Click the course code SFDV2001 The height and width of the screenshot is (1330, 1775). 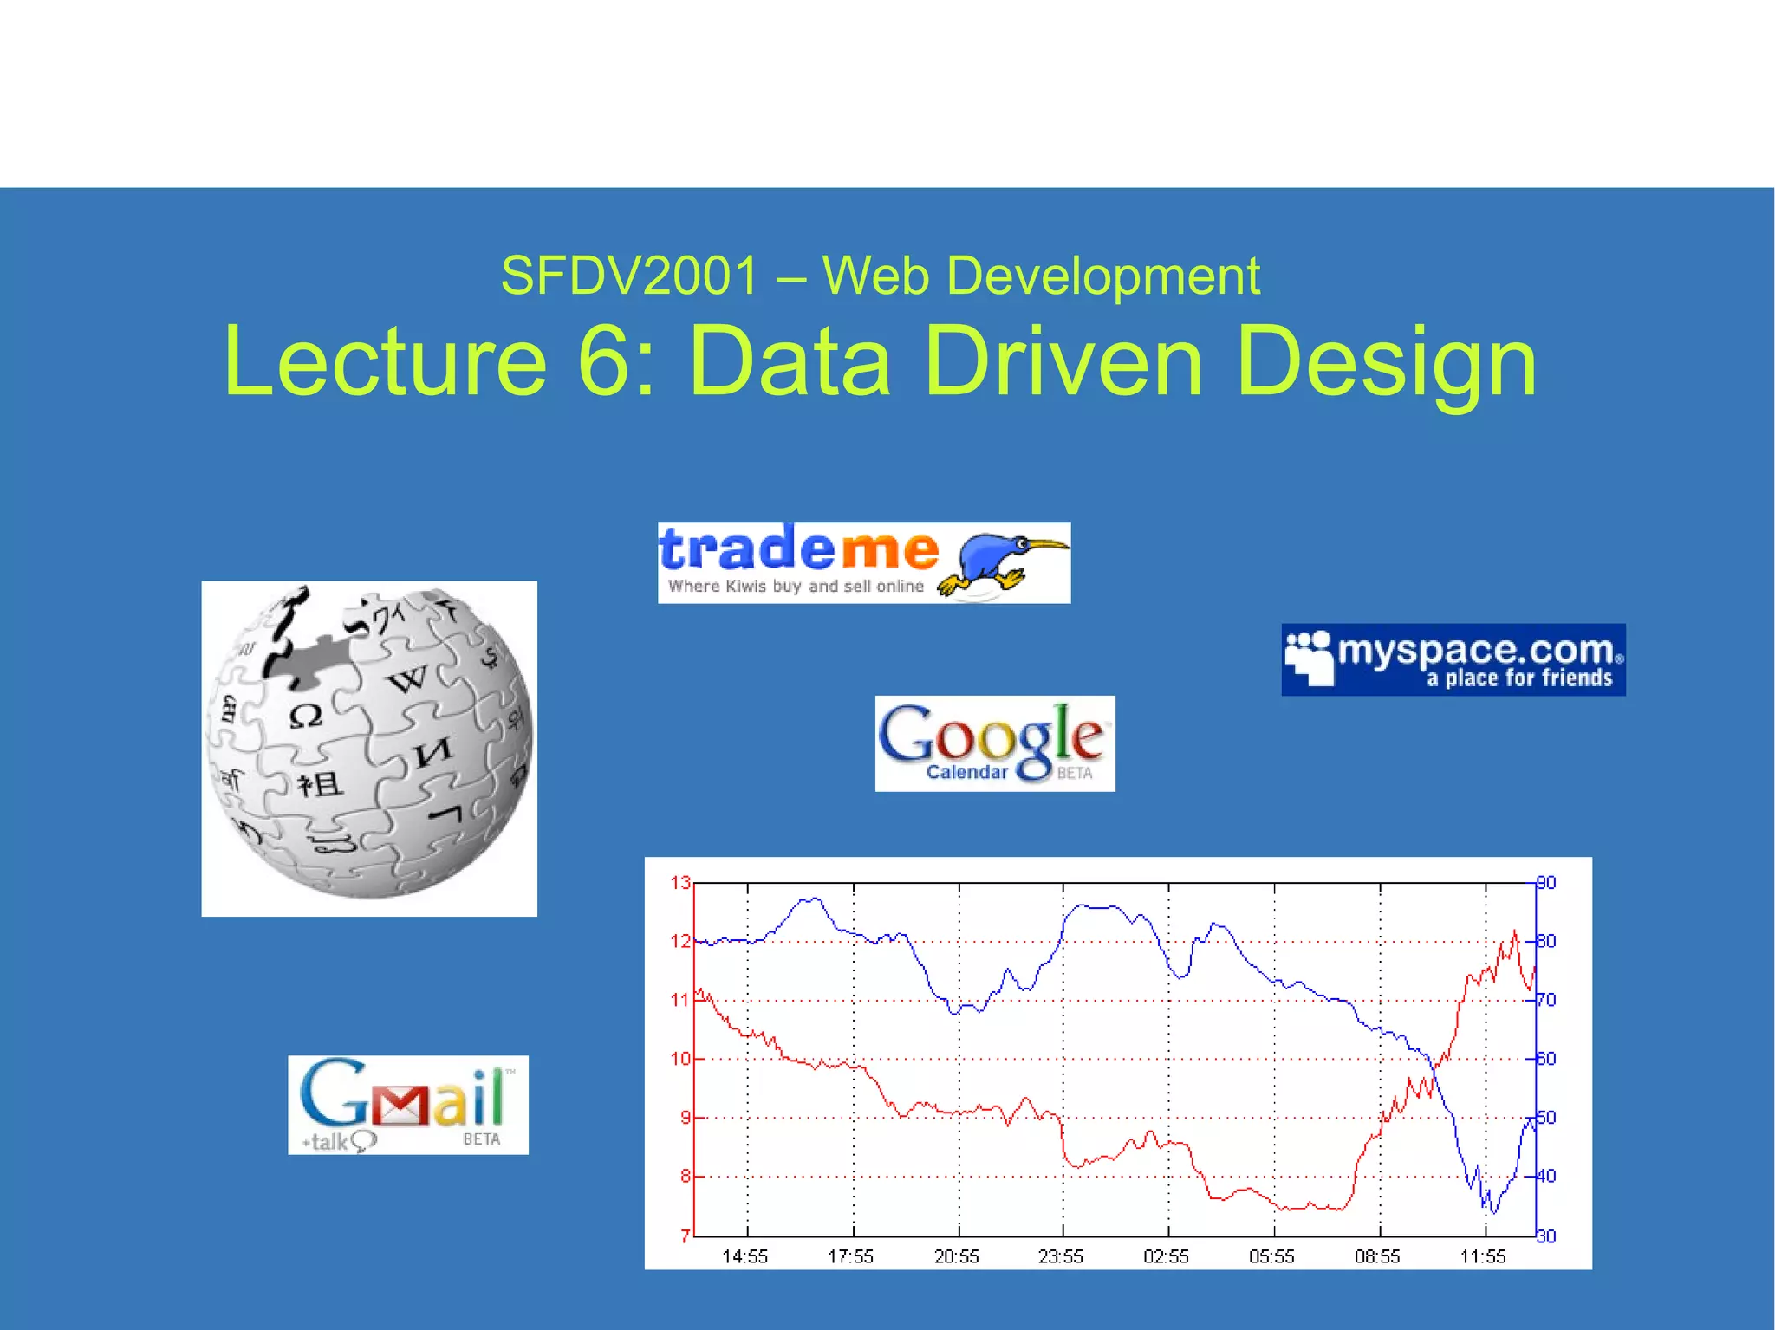[629, 276]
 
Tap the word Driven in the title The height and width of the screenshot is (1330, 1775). [1063, 361]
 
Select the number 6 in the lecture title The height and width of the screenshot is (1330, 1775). [605, 361]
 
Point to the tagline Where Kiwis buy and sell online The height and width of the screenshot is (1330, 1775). [796, 587]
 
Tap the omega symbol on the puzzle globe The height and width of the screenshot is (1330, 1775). [305, 717]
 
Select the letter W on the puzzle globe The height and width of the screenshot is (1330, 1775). [407, 680]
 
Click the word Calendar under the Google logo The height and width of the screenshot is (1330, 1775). [966, 772]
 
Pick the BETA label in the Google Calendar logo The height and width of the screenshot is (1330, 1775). [1074, 773]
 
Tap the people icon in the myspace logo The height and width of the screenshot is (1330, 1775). [1309, 658]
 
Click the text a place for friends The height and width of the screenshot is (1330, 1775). [1519, 678]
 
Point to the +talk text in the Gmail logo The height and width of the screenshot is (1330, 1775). [326, 1142]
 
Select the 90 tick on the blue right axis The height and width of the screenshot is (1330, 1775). [1546, 883]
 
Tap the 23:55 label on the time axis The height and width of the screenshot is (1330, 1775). [1060, 1256]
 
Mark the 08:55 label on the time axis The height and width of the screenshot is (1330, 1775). [1376, 1256]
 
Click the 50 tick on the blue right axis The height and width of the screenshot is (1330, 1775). [1546, 1118]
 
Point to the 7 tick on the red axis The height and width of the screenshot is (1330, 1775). [685, 1236]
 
